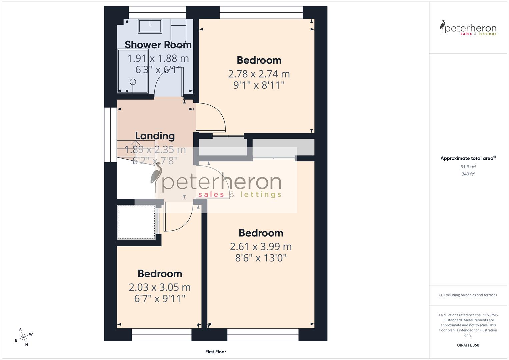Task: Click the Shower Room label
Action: coord(158,45)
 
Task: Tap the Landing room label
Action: coord(155,136)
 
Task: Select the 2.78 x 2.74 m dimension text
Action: coord(259,74)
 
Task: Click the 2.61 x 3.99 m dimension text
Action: coord(261,246)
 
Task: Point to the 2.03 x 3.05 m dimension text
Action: coord(160,287)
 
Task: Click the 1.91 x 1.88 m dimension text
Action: coord(158,58)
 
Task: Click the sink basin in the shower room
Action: coord(150,26)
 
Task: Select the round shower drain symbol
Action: coord(133,82)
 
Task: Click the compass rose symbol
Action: coord(23,337)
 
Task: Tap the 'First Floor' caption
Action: coord(216,352)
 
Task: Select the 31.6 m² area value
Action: coord(468,167)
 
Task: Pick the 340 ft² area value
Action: coord(468,174)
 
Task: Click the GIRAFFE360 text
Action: coord(468,345)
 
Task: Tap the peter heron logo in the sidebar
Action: coord(468,28)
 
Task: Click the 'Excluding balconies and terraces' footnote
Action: coord(468,295)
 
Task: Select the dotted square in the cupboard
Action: coord(136,222)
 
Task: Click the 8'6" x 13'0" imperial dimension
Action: coord(261,258)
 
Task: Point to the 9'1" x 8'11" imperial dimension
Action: coord(259,85)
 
